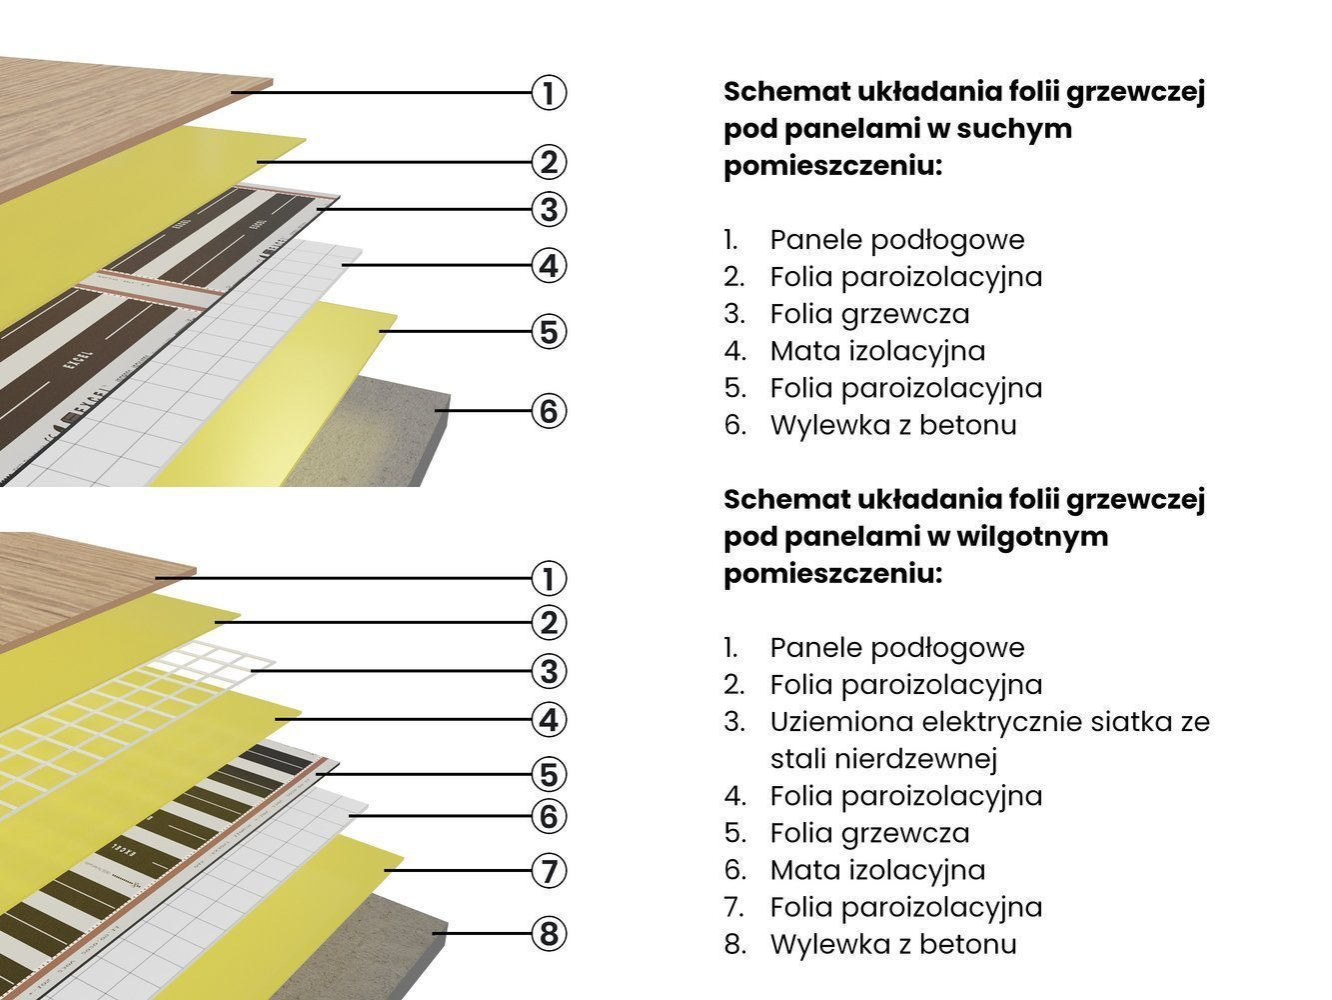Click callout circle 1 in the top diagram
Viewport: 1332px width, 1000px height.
tap(548, 93)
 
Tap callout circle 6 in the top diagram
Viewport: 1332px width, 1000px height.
tap(548, 411)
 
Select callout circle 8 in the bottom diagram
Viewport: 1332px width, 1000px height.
tap(548, 934)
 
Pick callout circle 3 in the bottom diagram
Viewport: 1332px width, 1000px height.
tap(548, 671)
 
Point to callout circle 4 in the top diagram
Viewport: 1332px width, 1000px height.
tap(548, 266)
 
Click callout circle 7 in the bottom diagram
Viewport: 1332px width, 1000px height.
tap(548, 871)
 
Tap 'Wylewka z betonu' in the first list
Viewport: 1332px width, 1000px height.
tap(893, 425)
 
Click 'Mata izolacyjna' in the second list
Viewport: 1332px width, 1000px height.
tap(877, 870)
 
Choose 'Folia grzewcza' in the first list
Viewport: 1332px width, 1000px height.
tap(869, 314)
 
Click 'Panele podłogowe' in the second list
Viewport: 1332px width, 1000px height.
tap(897, 648)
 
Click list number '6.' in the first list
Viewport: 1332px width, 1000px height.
tap(735, 425)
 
